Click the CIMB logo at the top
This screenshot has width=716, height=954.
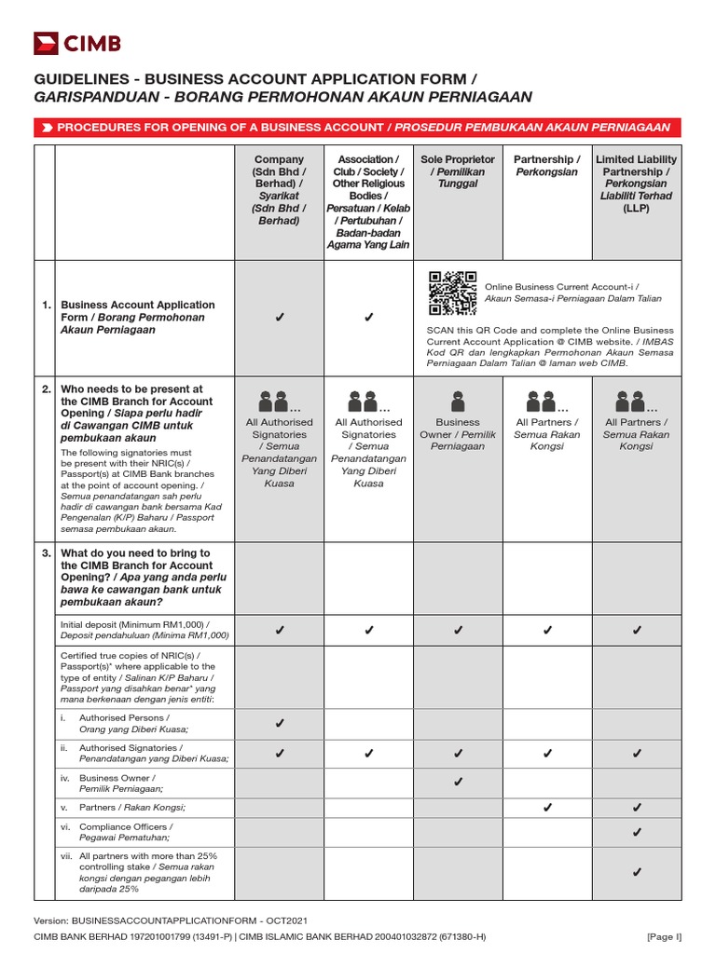77,43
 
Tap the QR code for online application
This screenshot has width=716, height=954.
452,294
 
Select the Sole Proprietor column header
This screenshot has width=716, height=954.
458,172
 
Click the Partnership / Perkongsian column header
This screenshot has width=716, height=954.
547,166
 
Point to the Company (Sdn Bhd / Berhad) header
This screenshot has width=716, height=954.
279,190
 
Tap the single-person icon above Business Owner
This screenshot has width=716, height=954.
458,401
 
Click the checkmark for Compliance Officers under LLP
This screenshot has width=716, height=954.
637,831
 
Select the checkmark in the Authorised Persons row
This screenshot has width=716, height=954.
279,723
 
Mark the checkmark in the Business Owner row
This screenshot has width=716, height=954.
458,783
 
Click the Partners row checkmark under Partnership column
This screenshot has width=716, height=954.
547,807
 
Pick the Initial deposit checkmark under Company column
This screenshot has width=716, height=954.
279,631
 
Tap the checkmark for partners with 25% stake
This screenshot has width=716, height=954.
637,872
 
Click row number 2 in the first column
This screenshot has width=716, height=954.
45,389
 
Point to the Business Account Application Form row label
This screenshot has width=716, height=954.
138,317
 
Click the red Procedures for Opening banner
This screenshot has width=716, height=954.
357,127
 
